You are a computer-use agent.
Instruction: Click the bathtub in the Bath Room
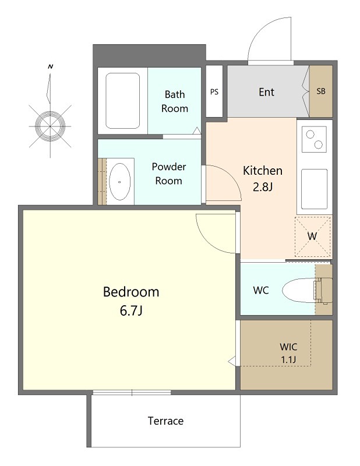122,101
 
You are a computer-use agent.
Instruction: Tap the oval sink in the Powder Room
119,182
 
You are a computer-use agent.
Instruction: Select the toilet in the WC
307,290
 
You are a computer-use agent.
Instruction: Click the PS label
214,92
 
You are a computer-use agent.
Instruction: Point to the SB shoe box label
321,91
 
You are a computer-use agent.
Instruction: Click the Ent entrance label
266,92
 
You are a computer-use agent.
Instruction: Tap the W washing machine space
312,236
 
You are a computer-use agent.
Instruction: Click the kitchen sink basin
314,189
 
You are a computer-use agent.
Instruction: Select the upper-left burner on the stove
310,135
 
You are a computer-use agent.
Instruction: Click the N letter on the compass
51,66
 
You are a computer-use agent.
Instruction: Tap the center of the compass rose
50,126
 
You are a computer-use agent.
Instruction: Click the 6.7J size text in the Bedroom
131,310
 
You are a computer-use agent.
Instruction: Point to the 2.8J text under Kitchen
263,187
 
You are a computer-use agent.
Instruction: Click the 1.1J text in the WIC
288,360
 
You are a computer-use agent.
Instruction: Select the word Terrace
165,421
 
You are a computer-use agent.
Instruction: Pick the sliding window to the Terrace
132,393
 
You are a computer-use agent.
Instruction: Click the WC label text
261,290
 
